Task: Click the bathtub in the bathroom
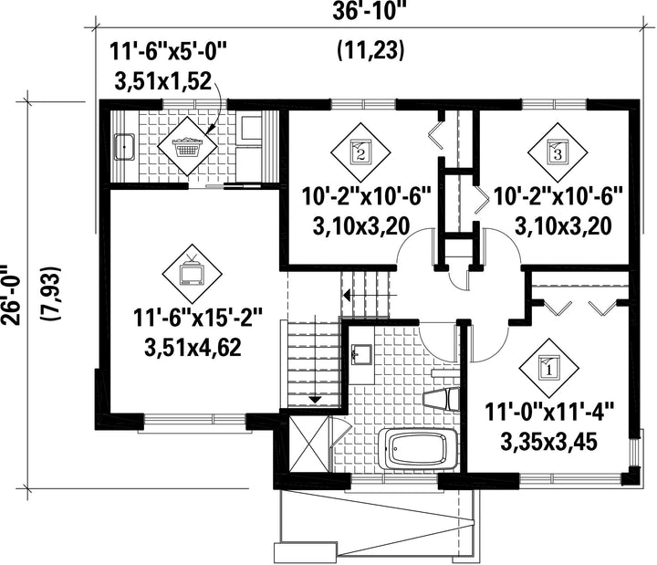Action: click(418, 450)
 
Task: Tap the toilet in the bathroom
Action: click(442, 399)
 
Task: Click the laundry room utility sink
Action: click(124, 147)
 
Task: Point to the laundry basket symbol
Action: click(187, 146)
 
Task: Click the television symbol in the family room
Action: click(193, 274)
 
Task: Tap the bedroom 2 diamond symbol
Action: click(360, 152)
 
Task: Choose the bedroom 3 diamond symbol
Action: click(558, 152)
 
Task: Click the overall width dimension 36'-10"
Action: click(370, 12)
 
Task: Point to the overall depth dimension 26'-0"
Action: click(11, 295)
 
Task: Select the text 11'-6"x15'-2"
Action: click(198, 318)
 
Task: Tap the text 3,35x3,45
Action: click(549, 442)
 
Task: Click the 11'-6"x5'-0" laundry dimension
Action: click(168, 52)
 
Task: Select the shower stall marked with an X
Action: click(308, 445)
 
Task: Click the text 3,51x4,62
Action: click(193, 348)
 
